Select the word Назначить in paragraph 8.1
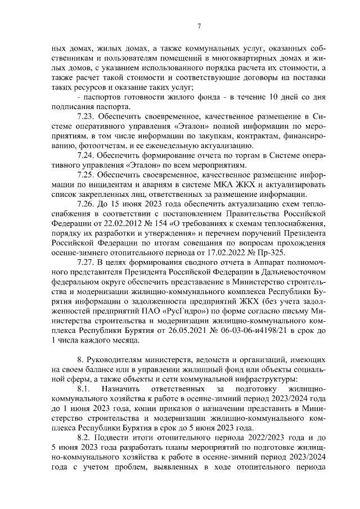[x=119, y=389]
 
